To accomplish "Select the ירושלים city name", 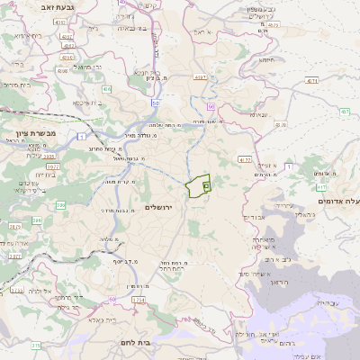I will (x=163, y=207).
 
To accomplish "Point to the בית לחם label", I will (x=138, y=343).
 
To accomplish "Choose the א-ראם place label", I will (x=202, y=31).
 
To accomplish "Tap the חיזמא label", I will (x=267, y=59).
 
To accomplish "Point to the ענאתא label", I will (x=259, y=114).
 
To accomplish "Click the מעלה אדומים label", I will (x=340, y=202).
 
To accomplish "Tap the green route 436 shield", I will (x=106, y=89).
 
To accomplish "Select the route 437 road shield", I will (x=200, y=78).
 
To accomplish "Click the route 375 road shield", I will (x=36, y=345).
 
